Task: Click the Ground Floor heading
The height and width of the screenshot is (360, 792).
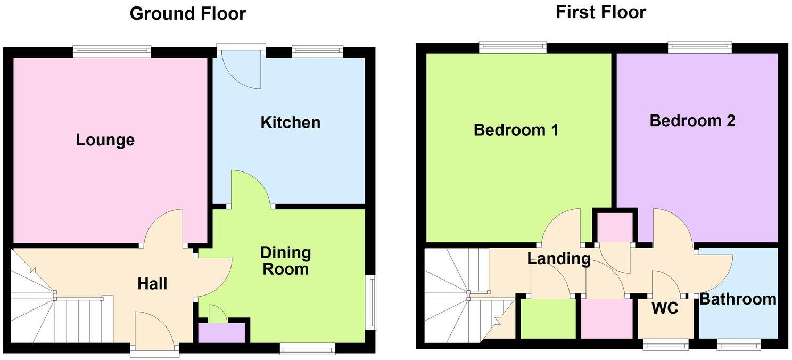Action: point(187,13)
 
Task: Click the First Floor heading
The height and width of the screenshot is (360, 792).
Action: point(600,12)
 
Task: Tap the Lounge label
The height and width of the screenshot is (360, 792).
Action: point(105,140)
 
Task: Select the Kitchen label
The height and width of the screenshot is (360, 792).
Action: point(290,122)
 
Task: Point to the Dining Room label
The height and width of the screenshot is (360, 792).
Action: point(285,260)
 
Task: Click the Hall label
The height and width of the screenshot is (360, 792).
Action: point(152,284)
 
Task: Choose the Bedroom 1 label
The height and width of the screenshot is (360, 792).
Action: point(516,130)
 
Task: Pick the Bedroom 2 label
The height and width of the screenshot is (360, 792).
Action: point(692,120)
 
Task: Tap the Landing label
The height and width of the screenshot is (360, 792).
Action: point(558,259)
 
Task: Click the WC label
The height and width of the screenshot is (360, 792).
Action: point(665,308)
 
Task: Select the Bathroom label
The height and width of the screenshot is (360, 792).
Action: point(737,299)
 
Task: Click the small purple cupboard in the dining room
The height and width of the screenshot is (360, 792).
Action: point(222,333)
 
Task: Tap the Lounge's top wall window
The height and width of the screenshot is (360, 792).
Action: point(112,52)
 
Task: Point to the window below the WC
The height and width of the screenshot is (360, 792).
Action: point(665,346)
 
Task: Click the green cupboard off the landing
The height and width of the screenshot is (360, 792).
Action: point(548,318)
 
